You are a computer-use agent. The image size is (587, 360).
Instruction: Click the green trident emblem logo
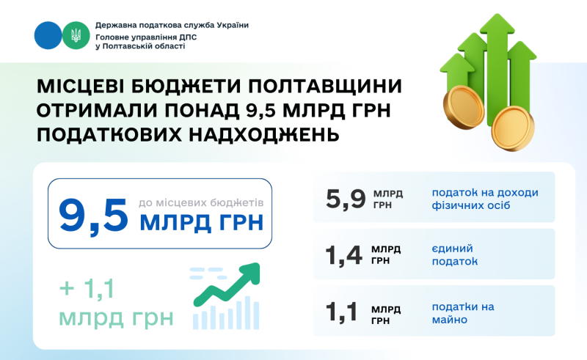(76, 35)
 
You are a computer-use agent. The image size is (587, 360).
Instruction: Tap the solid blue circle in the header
(48, 35)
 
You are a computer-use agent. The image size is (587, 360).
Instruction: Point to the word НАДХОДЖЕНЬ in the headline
(264, 135)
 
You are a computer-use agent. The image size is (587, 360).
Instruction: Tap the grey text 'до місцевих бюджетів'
(201, 203)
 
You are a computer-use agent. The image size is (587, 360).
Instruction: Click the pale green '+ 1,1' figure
(87, 289)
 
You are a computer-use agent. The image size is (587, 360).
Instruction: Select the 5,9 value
(346, 199)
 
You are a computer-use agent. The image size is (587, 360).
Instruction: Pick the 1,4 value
(343, 256)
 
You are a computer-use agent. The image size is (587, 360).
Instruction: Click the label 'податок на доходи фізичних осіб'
(485, 199)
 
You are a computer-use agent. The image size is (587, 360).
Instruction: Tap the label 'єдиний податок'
(455, 255)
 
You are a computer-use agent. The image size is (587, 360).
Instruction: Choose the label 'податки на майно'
(463, 313)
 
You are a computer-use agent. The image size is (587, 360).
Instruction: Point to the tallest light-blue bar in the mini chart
(247, 312)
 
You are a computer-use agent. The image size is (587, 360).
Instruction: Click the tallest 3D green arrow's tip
(497, 15)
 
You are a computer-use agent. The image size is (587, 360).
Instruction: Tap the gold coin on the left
(464, 108)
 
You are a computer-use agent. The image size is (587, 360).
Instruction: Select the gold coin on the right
(513, 128)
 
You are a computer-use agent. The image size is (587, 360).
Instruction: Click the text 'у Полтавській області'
(140, 46)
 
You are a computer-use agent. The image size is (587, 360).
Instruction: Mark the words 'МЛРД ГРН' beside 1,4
(386, 255)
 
